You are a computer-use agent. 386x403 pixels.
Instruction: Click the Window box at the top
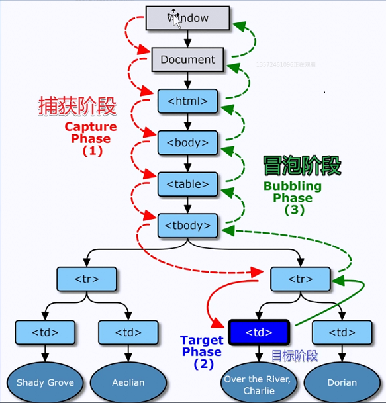click(187, 18)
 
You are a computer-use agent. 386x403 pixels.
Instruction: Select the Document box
click(187, 59)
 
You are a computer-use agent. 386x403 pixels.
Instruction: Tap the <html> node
click(187, 101)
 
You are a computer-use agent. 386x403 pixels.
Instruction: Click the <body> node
click(187, 142)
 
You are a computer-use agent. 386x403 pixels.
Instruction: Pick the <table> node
click(187, 184)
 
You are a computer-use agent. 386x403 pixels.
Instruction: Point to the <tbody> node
click(187, 226)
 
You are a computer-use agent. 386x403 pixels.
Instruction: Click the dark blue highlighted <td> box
click(258, 332)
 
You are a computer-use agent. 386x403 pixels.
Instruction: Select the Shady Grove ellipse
click(45, 382)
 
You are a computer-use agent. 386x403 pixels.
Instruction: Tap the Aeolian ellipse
click(128, 382)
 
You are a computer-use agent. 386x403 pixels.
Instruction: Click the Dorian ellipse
click(342, 382)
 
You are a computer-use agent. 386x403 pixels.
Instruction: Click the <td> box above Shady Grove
click(45, 332)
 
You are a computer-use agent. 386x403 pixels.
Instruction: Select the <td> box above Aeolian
click(128, 332)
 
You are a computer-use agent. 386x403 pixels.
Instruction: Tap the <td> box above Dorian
click(342, 332)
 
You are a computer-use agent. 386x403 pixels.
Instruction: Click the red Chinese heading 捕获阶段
click(77, 106)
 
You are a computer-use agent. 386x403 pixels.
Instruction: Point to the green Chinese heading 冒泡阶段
click(302, 165)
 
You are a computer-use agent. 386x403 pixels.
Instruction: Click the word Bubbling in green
click(292, 186)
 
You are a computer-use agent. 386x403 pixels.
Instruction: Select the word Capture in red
click(90, 126)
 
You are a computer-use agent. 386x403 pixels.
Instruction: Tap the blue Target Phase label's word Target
click(201, 341)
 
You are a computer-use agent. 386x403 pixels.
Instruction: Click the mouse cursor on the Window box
click(175, 16)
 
